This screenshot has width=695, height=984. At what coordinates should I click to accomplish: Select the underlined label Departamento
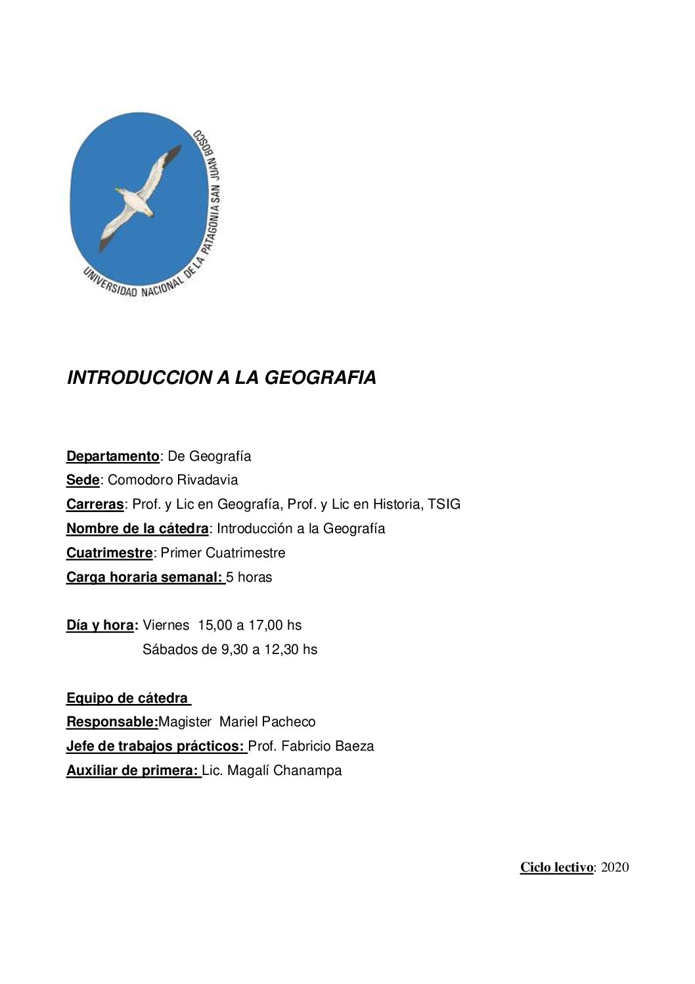[x=112, y=456]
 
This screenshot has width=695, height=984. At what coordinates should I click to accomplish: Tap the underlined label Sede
[x=82, y=480]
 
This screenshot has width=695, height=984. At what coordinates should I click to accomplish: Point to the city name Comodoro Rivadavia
[x=173, y=480]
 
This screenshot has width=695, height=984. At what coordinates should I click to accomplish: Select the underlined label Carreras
[x=95, y=505]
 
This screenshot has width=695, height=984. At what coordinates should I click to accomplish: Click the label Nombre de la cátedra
[x=137, y=529]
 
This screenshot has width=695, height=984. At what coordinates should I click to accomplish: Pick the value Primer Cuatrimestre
[x=223, y=553]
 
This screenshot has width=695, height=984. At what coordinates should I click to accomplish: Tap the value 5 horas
[x=249, y=577]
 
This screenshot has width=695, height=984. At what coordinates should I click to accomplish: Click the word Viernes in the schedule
[x=166, y=626]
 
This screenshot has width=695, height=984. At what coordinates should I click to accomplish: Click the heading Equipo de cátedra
[x=127, y=698]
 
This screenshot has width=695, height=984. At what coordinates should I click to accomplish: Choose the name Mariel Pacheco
[x=267, y=722]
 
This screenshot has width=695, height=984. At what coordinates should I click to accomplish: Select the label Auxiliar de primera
[x=133, y=771]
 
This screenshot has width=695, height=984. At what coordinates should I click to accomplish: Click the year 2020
[x=615, y=868]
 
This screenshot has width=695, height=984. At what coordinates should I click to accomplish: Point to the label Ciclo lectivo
[x=556, y=868]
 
